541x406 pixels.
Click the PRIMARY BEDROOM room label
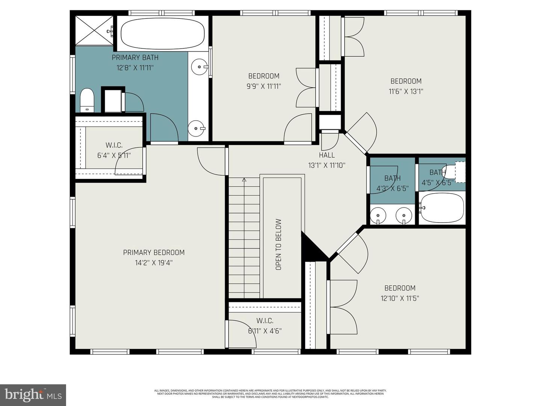click(x=154, y=253)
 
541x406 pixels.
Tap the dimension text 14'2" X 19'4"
click(x=154, y=263)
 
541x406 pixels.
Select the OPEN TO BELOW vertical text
click(x=278, y=244)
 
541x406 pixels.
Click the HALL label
click(x=326, y=155)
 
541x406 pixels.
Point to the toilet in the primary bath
click(x=87, y=100)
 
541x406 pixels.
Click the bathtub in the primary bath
click(x=163, y=33)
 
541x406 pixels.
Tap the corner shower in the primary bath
click(x=94, y=30)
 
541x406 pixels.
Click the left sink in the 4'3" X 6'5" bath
click(x=378, y=216)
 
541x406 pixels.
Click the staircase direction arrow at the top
click(x=244, y=180)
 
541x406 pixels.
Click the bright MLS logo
click(x=33, y=395)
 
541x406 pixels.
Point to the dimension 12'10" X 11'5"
click(x=400, y=298)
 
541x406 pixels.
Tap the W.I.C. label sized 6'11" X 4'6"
click(x=265, y=321)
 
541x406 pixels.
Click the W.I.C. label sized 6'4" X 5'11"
click(x=114, y=145)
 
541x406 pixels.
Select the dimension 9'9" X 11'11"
click(x=264, y=86)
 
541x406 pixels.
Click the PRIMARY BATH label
click(x=135, y=58)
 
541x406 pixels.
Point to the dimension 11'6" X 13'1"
click(x=406, y=91)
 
